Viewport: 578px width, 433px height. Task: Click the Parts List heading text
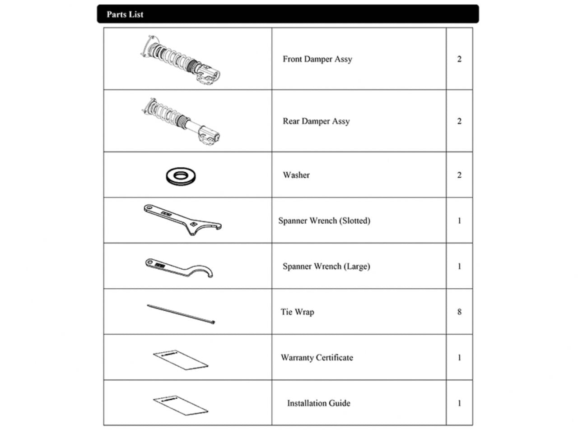pos(125,14)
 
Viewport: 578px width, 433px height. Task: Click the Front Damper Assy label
pos(317,59)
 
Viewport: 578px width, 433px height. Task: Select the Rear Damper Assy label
pos(316,121)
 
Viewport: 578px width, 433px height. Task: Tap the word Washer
pos(296,175)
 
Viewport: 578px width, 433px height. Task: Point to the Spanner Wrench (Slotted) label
pos(324,221)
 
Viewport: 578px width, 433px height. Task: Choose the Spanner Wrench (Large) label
pos(326,266)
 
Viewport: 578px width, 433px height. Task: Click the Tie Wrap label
pos(297,312)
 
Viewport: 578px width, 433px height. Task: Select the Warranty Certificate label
pos(317,358)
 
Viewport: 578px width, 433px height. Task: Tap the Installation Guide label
pos(319,403)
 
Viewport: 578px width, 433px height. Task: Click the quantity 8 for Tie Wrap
pos(459,312)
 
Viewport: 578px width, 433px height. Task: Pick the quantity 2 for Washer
pos(459,175)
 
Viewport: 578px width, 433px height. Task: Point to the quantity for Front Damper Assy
pos(459,59)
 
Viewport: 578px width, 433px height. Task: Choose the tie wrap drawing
pos(181,314)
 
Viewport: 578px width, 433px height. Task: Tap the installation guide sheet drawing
pos(181,405)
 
